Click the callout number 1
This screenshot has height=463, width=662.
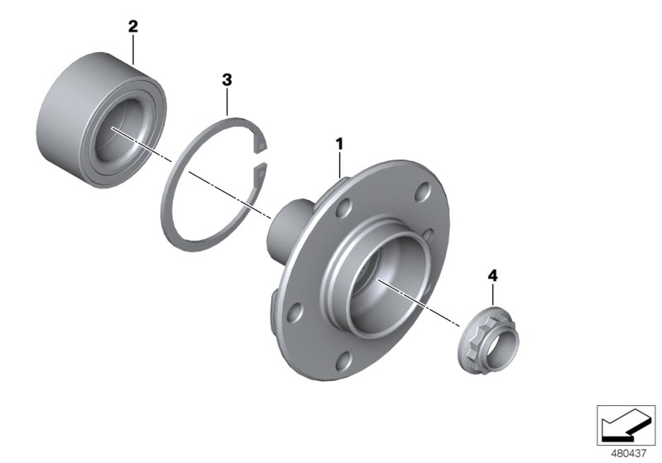tap(338, 144)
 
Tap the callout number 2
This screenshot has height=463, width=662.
tap(132, 26)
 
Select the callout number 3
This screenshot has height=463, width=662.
tap(227, 79)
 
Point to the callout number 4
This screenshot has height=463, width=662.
tap(492, 274)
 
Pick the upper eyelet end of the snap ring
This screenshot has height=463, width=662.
tap(263, 148)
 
